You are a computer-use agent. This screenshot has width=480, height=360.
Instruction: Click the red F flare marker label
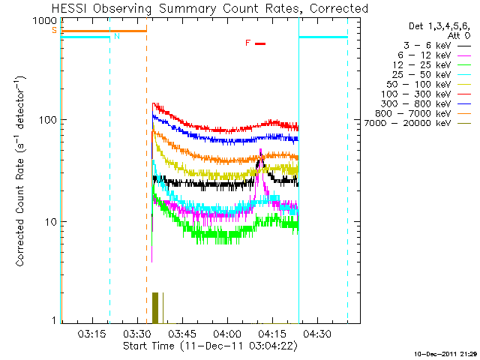tap(247, 43)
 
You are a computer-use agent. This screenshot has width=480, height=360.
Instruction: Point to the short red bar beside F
tap(260, 43)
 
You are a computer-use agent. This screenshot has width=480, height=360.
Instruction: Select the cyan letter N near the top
tap(116, 36)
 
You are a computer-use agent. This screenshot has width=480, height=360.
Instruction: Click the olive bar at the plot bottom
tap(155, 307)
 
